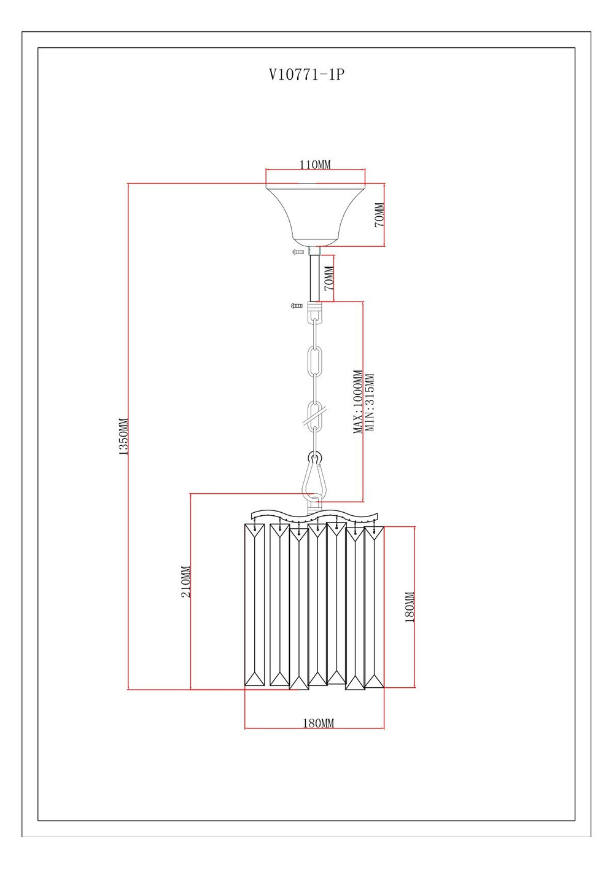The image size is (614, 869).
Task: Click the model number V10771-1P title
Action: [306, 74]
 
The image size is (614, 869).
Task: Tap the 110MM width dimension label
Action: [315, 165]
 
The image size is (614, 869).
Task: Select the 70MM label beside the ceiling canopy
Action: [379, 215]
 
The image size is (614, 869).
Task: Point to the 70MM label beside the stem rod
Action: [329, 278]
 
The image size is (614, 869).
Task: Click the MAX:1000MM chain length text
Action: [358, 402]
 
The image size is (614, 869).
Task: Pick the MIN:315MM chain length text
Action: [370, 402]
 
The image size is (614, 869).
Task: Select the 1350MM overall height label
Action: [123, 437]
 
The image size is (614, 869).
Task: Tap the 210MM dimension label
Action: [186, 582]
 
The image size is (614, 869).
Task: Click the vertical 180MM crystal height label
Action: [410, 607]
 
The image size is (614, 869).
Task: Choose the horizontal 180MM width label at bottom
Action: [319, 723]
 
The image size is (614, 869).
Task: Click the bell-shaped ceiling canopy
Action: [315, 212]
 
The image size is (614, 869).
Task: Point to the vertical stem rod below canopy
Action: [315, 278]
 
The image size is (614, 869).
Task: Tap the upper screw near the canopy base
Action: [298, 252]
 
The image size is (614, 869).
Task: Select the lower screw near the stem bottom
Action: [297, 305]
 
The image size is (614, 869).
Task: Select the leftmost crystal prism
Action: [254, 605]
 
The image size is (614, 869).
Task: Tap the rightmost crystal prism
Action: [374, 607]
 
